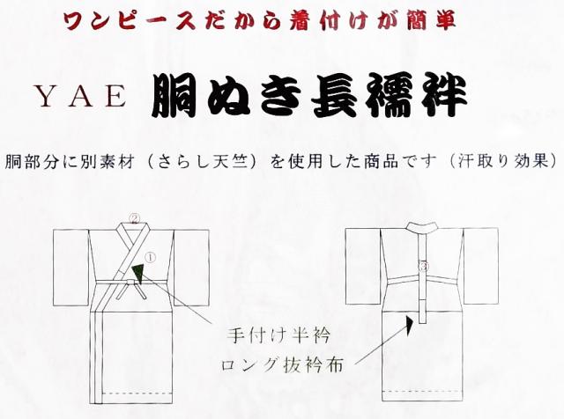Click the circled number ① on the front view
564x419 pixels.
coord(149,258)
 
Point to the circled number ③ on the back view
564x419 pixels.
coord(424,266)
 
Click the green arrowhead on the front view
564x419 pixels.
coord(140,273)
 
